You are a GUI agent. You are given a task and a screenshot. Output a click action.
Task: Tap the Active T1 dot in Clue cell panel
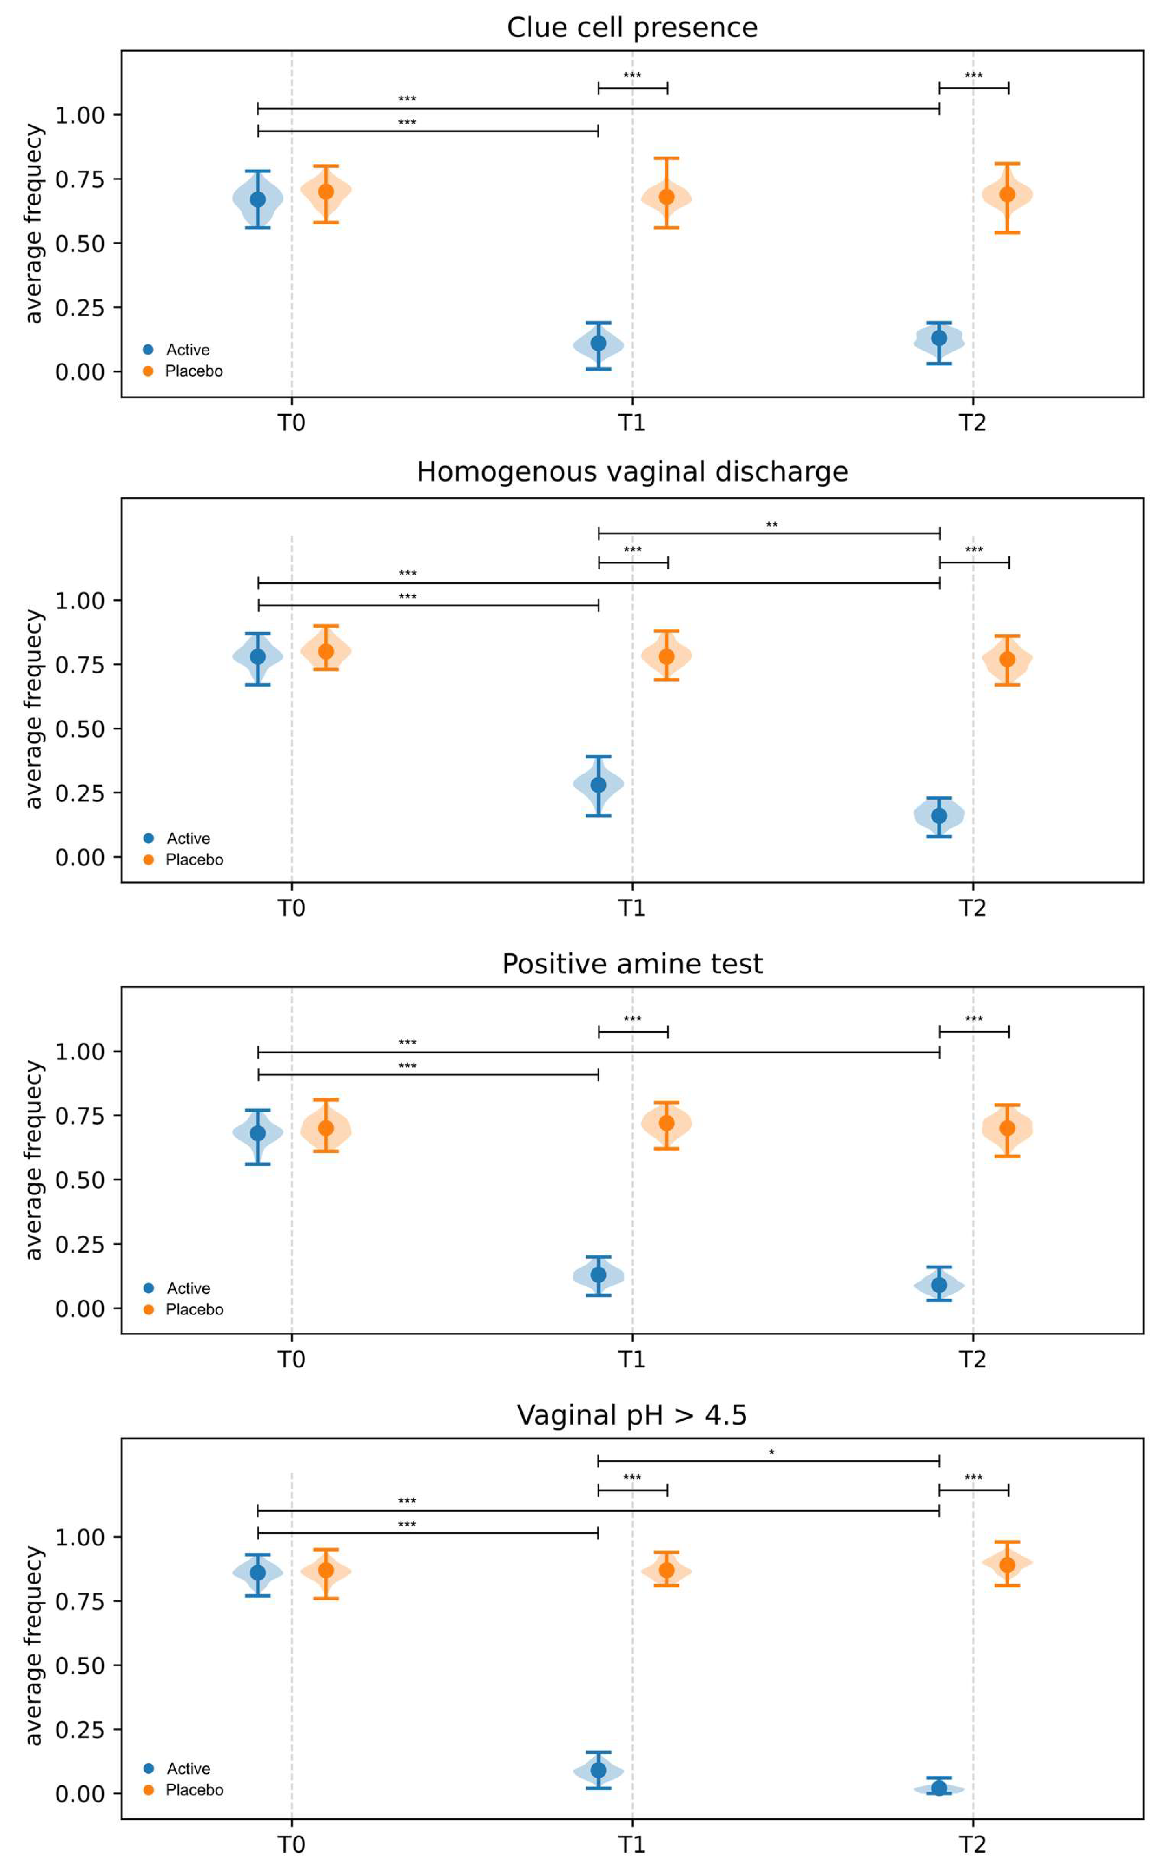(598, 343)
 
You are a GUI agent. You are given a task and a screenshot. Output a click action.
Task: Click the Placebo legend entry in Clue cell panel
(193, 371)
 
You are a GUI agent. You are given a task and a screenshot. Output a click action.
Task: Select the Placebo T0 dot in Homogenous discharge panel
(326, 652)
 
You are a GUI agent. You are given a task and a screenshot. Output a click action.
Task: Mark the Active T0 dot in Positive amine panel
(258, 1133)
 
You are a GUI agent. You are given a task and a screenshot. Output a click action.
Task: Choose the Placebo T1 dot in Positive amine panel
(666, 1123)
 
